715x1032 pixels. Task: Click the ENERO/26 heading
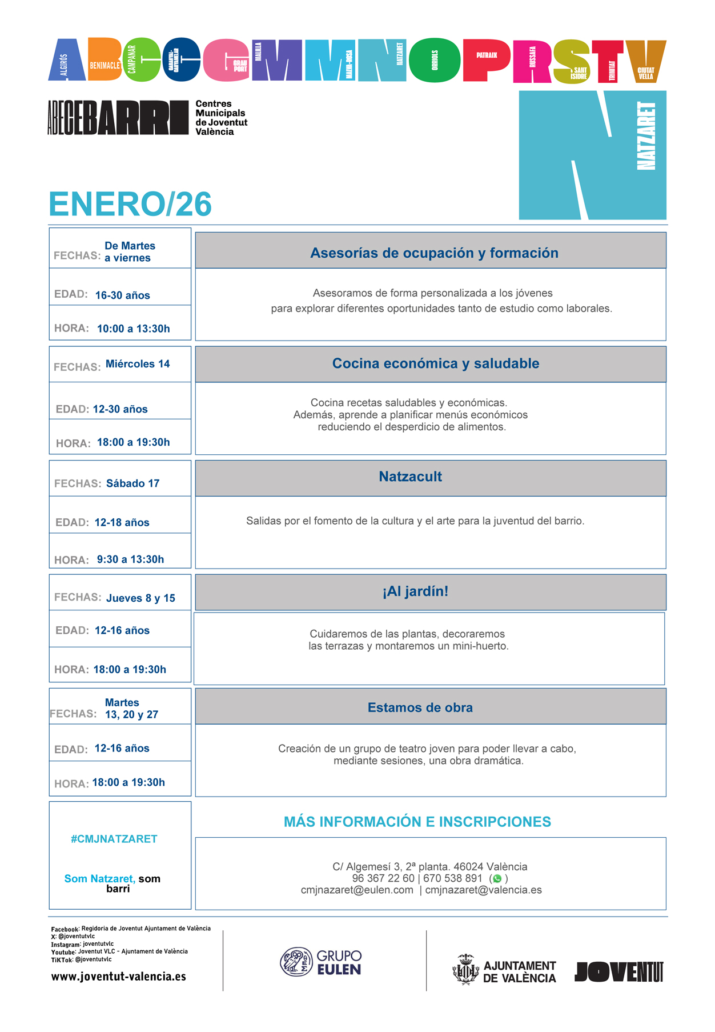pyautogui.click(x=130, y=204)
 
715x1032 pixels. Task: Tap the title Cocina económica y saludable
pyautogui.click(x=435, y=363)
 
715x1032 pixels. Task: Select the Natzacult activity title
pyautogui.click(x=410, y=477)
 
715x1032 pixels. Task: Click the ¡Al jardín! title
pyautogui.click(x=415, y=591)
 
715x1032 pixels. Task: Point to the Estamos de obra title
pyautogui.click(x=420, y=707)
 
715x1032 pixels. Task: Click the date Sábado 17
pyautogui.click(x=132, y=483)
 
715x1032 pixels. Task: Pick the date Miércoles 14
pyautogui.click(x=138, y=364)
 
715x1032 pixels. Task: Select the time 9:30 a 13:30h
pyautogui.click(x=130, y=559)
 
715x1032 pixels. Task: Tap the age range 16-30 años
pyautogui.click(x=122, y=295)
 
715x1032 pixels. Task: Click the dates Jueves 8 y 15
pyautogui.click(x=140, y=598)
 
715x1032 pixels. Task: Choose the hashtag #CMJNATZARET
pyautogui.click(x=114, y=839)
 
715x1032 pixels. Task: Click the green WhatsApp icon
pyautogui.click(x=497, y=879)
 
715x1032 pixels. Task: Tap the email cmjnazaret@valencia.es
pyautogui.click(x=483, y=890)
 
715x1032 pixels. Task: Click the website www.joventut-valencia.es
pyautogui.click(x=119, y=977)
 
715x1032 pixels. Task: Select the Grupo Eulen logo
pyautogui.click(x=321, y=962)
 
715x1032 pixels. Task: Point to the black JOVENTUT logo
pyautogui.click(x=618, y=971)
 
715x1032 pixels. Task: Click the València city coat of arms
pyautogui.click(x=465, y=970)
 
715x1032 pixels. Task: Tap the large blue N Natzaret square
pyautogui.click(x=592, y=155)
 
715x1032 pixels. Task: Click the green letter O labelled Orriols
pyautogui.click(x=435, y=61)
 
